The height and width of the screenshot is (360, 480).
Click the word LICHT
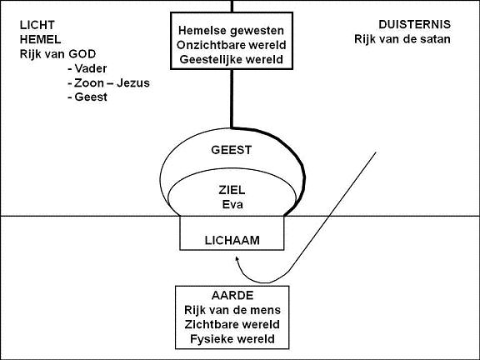(37, 25)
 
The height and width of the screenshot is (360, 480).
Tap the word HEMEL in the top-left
(40, 39)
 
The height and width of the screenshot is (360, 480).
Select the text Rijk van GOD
(57, 54)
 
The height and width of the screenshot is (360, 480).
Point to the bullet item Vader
(87, 68)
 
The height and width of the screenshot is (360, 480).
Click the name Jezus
(133, 83)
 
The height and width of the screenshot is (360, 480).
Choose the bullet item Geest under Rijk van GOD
(87, 97)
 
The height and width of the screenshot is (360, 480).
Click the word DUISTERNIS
(414, 24)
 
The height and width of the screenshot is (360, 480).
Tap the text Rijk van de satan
(402, 39)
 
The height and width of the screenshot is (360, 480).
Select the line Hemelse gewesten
(231, 31)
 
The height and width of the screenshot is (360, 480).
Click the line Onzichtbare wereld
(231, 45)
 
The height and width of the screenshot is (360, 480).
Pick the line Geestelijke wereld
(231, 59)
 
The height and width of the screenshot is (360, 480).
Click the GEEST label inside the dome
(232, 150)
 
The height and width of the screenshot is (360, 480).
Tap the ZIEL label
(232, 190)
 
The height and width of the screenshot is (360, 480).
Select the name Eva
(232, 204)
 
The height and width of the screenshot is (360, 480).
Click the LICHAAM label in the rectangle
(232, 240)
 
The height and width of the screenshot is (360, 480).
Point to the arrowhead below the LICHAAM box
(237, 258)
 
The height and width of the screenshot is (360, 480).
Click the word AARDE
(232, 296)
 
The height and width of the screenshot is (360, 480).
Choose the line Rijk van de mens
(232, 310)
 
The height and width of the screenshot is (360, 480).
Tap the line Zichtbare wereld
(232, 324)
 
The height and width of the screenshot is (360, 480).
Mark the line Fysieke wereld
(232, 339)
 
